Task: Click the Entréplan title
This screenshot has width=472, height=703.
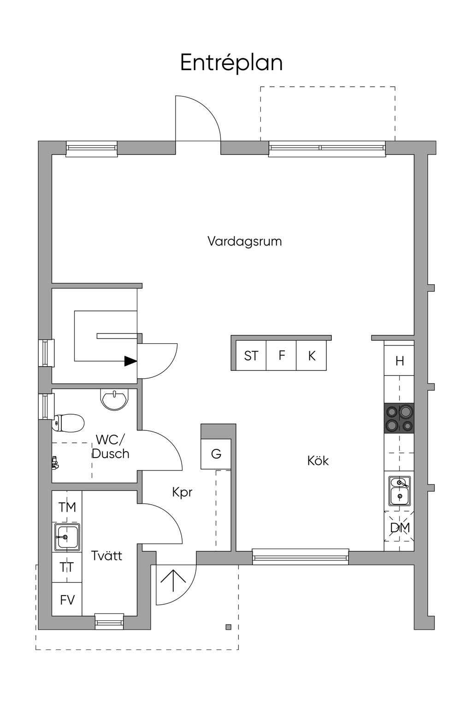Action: pyautogui.click(x=231, y=63)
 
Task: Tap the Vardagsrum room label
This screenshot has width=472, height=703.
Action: pyautogui.click(x=244, y=241)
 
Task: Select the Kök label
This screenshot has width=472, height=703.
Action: pyautogui.click(x=318, y=460)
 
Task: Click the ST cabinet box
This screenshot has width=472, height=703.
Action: pyautogui.click(x=251, y=356)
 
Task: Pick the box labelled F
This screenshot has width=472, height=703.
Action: pyautogui.click(x=282, y=355)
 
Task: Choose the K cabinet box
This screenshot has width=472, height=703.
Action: pyautogui.click(x=312, y=356)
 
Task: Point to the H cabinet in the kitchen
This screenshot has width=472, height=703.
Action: pyautogui.click(x=399, y=361)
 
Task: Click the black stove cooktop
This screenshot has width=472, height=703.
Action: pyautogui.click(x=399, y=418)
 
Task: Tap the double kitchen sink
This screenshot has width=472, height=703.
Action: pyautogui.click(x=399, y=490)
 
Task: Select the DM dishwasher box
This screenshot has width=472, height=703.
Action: pyautogui.click(x=399, y=527)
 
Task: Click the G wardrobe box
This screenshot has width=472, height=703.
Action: pyautogui.click(x=216, y=454)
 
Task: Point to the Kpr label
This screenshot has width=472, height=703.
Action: pyautogui.click(x=182, y=493)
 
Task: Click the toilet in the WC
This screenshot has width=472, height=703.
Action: pyautogui.click(x=69, y=422)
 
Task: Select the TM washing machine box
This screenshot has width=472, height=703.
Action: pyautogui.click(x=67, y=507)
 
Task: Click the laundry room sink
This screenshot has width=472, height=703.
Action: pyautogui.click(x=67, y=537)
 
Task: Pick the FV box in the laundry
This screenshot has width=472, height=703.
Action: pyautogui.click(x=67, y=600)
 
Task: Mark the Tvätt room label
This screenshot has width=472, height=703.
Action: pyautogui.click(x=106, y=555)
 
